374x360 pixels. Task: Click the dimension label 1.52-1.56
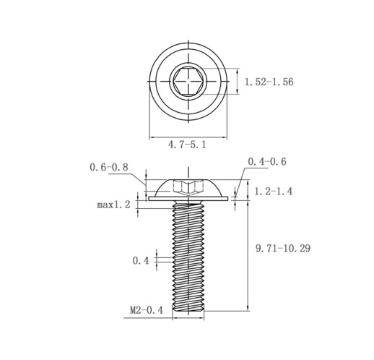tap(269, 82)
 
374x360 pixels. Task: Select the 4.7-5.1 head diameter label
tap(187, 145)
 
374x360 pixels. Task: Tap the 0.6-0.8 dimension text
tap(109, 167)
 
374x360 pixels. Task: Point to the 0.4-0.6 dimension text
tap(267, 161)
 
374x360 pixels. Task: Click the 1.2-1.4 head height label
tap(274, 192)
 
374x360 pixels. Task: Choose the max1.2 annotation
tap(113, 205)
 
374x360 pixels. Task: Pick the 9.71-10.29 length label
tap(283, 248)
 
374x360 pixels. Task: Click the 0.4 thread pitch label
tap(141, 260)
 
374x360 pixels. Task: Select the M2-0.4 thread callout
tap(147, 310)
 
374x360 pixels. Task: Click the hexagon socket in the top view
tap(188, 81)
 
